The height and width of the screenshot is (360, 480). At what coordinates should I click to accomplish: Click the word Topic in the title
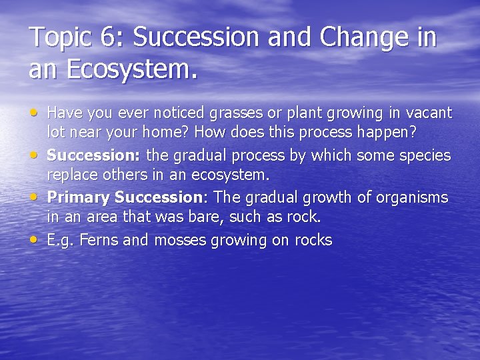tap(60, 38)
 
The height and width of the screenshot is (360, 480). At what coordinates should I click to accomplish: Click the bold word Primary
tap(79, 197)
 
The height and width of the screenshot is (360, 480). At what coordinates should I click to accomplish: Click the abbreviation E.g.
tap(61, 240)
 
